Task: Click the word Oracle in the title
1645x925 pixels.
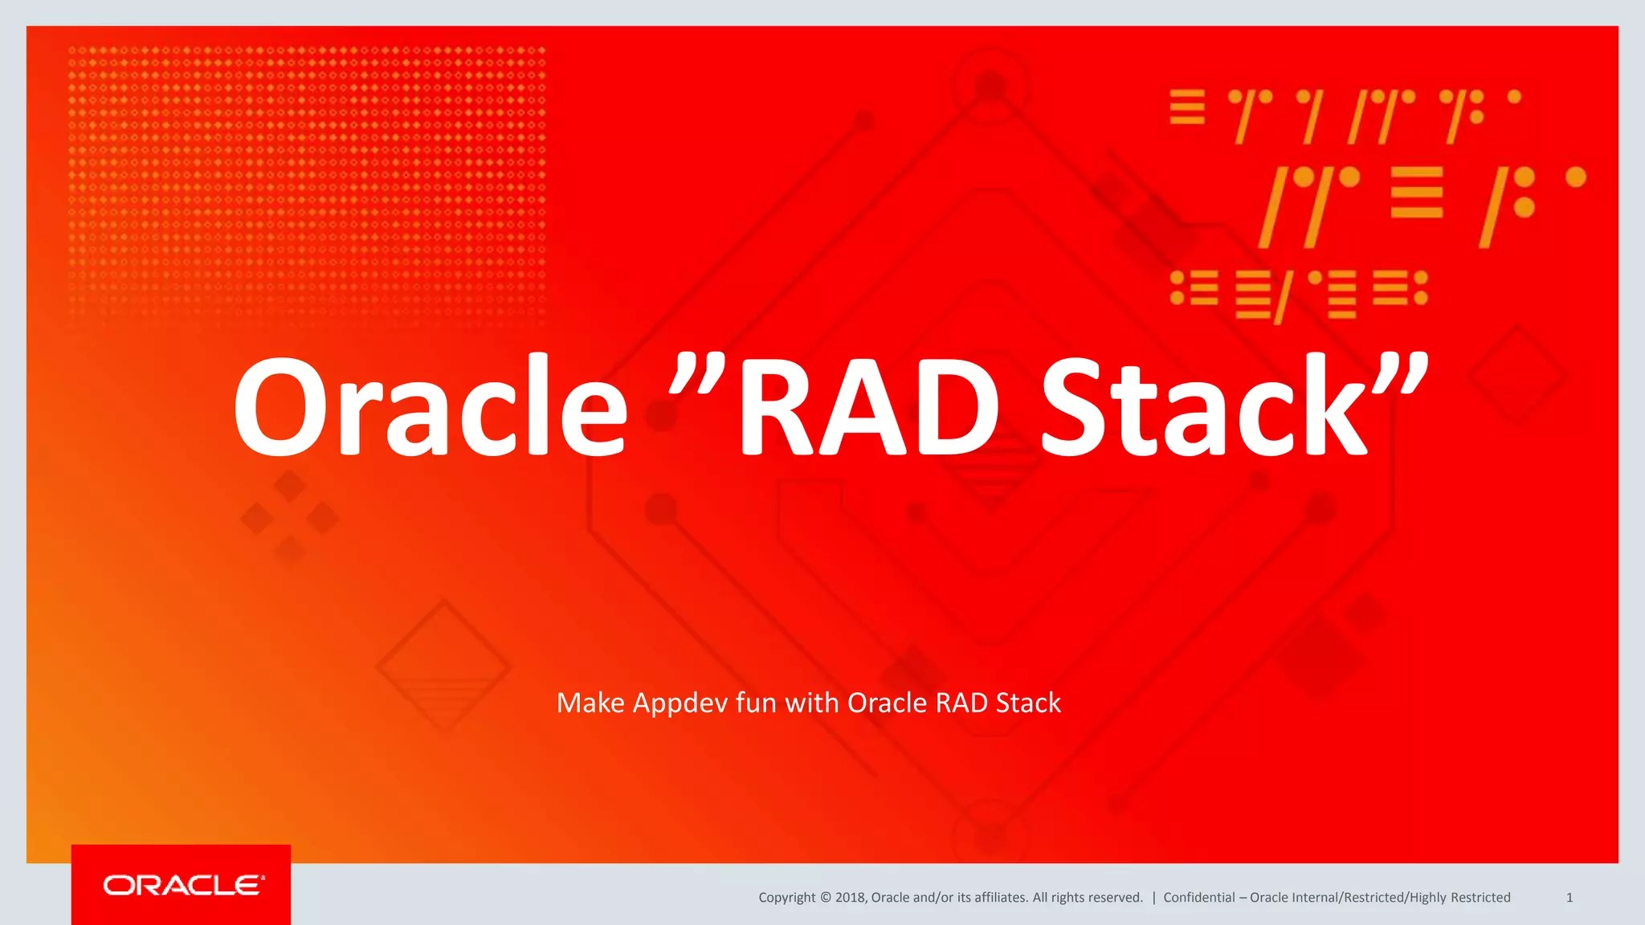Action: [x=430, y=407]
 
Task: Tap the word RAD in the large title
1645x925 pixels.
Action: [x=867, y=407]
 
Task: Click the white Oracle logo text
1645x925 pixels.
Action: [x=183, y=886]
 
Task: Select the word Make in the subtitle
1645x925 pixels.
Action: [x=590, y=703]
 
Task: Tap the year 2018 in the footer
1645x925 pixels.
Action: [x=850, y=898]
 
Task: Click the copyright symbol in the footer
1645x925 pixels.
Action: [x=825, y=898]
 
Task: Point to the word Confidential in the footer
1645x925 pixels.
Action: [x=1198, y=898]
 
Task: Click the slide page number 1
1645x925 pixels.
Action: [x=1569, y=898]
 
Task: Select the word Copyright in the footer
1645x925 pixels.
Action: [x=786, y=898]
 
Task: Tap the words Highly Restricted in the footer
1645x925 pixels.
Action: [x=1460, y=898]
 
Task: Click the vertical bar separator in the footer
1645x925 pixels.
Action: [x=1153, y=898]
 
